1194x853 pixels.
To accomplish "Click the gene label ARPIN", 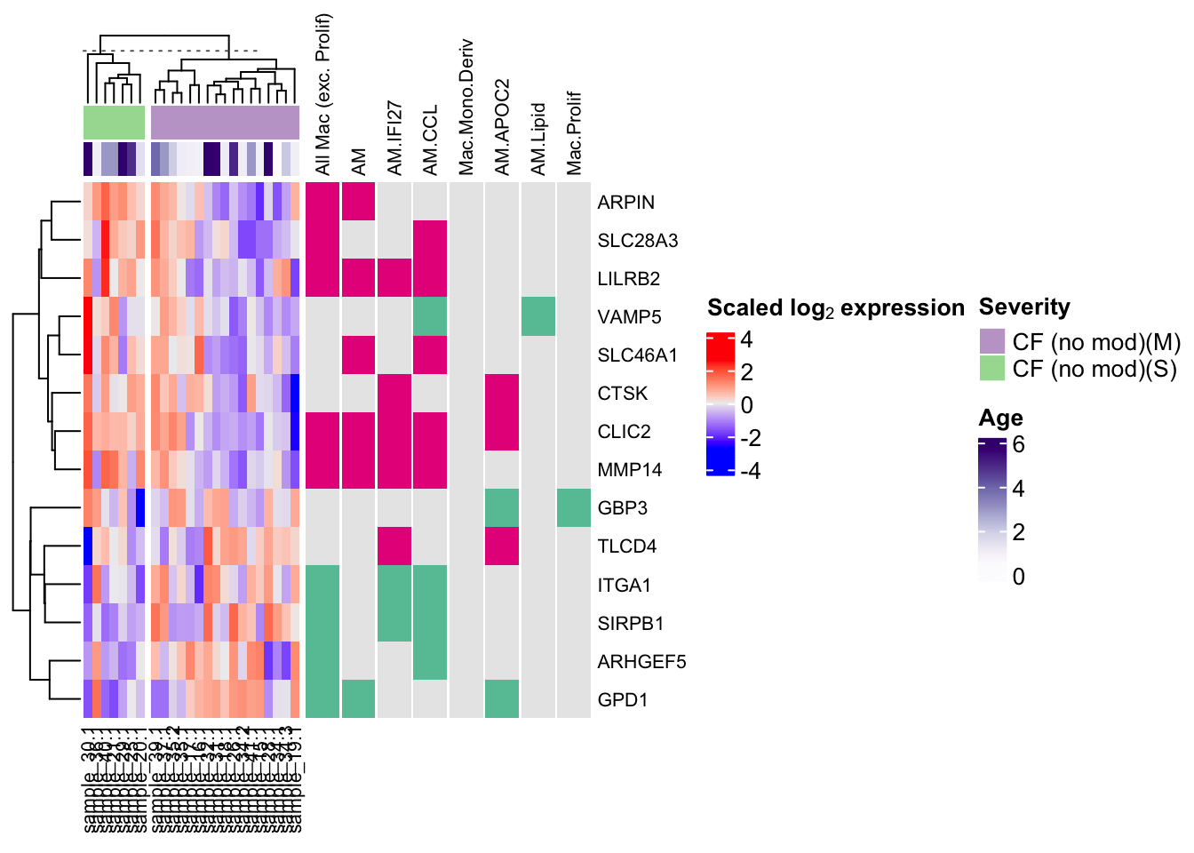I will click(x=625, y=203).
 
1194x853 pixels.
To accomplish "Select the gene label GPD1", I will click(x=622, y=700).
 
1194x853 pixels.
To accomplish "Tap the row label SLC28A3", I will click(x=637, y=241).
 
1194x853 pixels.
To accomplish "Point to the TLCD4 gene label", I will click(x=626, y=546).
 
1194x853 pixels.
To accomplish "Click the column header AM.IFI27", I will click(x=394, y=138).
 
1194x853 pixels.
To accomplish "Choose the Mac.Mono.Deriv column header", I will click(x=466, y=107).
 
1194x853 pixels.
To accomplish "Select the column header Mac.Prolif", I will click(x=574, y=132).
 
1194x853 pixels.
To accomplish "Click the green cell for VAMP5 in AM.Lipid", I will click(x=538, y=317).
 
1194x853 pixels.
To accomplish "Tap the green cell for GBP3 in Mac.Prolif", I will click(x=574, y=508).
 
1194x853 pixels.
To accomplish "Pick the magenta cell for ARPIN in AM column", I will click(x=359, y=203).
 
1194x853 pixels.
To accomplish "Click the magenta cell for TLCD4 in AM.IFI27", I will click(x=394, y=546).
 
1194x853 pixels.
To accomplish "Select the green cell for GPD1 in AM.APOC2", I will click(x=502, y=700).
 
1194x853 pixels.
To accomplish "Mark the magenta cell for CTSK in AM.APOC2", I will click(x=502, y=394).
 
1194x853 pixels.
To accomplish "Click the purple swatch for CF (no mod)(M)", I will click(x=991, y=342).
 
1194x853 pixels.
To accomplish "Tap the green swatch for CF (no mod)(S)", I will click(x=991, y=368).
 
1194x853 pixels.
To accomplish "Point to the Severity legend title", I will click(x=1024, y=307).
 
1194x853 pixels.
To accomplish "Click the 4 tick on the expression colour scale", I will click(x=746, y=339).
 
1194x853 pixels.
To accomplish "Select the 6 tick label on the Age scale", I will click(x=1018, y=444).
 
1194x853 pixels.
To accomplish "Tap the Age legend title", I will click(x=1000, y=418).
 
